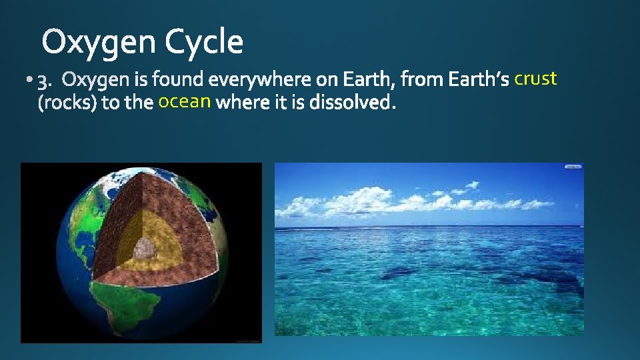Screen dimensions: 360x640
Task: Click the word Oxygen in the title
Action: [x=99, y=43]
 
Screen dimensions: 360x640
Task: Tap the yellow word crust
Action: [x=535, y=79]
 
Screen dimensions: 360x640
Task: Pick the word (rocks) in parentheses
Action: [x=61, y=104]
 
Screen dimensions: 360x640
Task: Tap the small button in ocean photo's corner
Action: [x=573, y=167]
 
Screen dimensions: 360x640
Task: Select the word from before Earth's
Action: [x=423, y=80]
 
